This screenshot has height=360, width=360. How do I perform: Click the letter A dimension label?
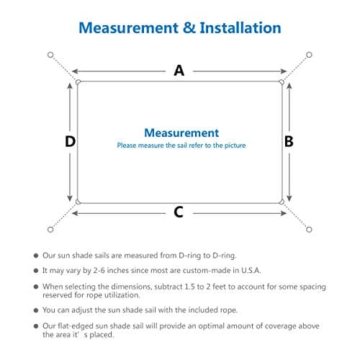click(179, 71)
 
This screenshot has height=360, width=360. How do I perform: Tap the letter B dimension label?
click(289, 141)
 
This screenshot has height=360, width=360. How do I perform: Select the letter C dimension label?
click(179, 212)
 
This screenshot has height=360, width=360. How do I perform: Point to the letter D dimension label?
click(70, 141)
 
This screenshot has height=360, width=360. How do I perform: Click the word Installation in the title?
click(240, 27)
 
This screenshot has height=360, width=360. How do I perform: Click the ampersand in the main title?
click(189, 27)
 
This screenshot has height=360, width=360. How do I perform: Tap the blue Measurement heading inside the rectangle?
click(181, 132)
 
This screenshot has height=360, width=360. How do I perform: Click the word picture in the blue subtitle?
click(235, 145)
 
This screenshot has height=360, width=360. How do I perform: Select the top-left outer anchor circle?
click(50, 55)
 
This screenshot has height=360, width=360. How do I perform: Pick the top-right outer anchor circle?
click(309, 55)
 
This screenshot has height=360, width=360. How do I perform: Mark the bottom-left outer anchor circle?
click(50, 230)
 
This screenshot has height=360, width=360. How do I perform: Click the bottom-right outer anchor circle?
click(309, 230)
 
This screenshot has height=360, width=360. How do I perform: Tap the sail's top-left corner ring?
click(78, 82)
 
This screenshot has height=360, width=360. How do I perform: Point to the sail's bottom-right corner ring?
click(282, 202)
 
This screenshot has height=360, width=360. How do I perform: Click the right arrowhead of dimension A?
click(284, 71)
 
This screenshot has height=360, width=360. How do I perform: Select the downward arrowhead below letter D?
click(70, 198)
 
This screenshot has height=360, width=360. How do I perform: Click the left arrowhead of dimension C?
click(75, 213)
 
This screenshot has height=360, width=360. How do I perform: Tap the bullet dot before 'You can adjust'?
click(36, 310)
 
